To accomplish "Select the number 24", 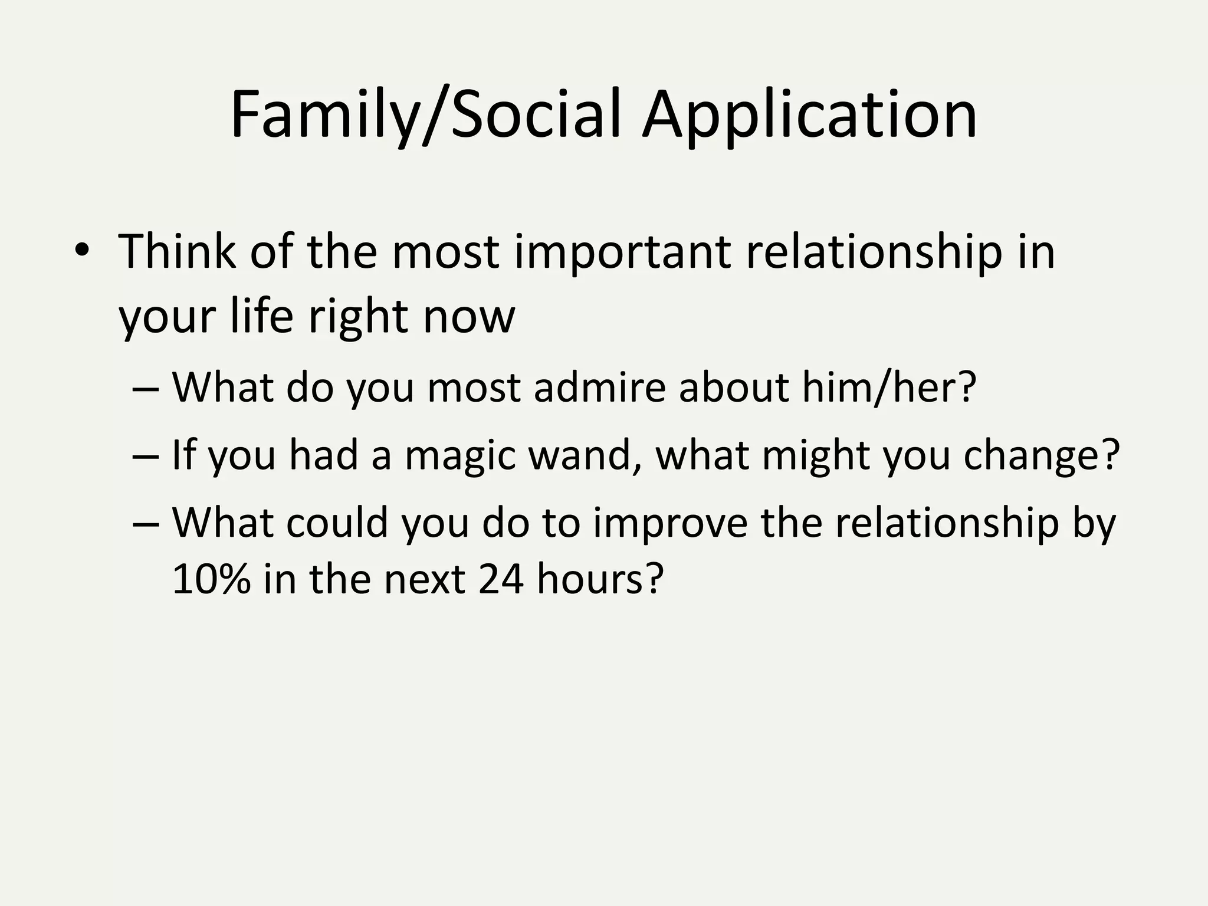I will coord(501,579).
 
